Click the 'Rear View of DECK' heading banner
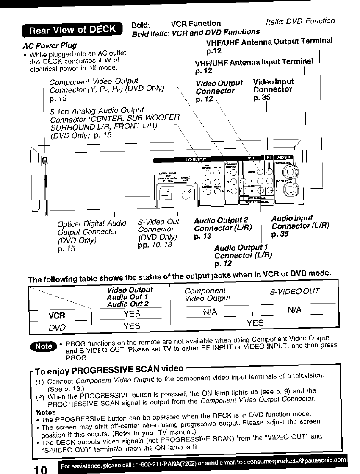click(72, 30)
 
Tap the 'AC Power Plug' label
click(50, 45)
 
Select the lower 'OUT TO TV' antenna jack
click(292, 189)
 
